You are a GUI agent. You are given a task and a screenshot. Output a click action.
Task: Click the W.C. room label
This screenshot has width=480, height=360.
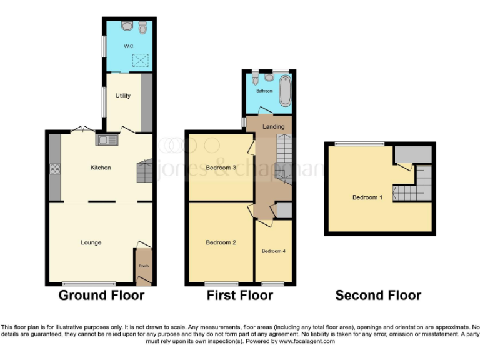coord(129,46)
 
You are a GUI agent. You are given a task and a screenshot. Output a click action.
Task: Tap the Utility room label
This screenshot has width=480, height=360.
coord(122,95)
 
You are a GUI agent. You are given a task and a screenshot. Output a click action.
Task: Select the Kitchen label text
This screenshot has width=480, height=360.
coord(101,167)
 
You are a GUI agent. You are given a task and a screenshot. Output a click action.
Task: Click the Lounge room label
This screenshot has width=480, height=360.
coord(91,242)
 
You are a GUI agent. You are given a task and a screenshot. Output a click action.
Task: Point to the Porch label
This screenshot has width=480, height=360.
coord(144,266)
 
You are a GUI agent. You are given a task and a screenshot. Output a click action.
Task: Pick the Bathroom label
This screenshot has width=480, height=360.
coord(264,91)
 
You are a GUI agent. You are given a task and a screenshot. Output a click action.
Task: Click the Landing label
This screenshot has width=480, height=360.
coord(273,127)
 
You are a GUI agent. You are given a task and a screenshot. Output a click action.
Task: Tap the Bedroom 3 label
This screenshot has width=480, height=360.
coord(221,167)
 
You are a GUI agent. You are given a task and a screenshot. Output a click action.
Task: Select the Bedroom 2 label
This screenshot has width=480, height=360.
coord(221,242)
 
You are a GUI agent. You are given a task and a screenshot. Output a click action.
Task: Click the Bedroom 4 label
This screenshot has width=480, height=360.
coord(273,251)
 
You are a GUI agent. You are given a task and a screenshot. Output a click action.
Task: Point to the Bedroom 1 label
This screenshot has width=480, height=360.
coord(367,197)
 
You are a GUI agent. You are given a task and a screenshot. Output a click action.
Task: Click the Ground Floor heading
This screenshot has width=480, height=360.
coord(101,296)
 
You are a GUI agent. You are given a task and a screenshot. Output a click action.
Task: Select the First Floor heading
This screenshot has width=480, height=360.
coord(240,296)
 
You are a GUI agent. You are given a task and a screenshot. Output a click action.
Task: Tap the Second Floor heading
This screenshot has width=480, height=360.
coord(378,296)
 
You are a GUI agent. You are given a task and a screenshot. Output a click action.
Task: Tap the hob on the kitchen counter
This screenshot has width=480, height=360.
coord(55,168)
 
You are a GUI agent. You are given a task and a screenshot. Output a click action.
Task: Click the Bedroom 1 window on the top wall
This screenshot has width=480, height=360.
coord(359,144)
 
